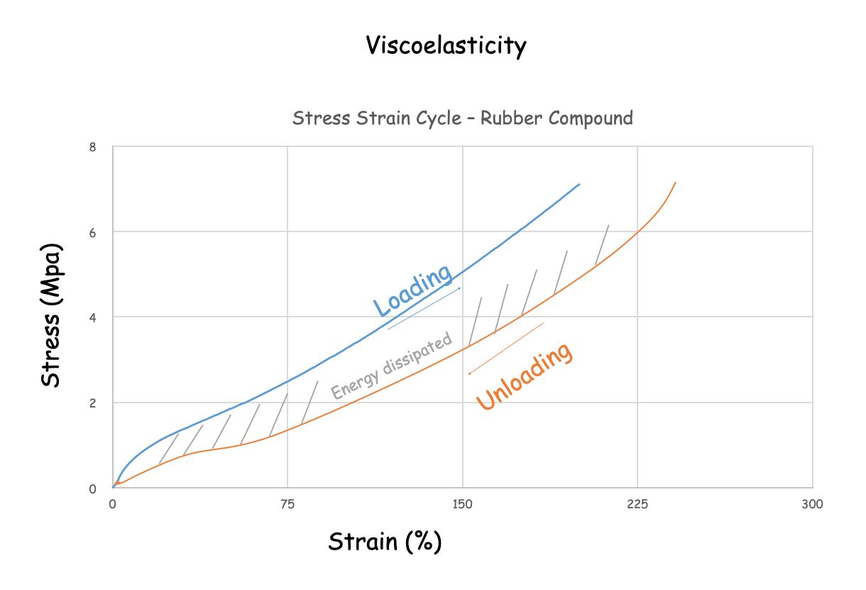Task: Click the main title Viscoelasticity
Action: [446, 46]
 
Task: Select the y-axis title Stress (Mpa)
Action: [51, 316]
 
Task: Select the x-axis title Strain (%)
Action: [385, 542]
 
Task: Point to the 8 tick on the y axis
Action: [92, 147]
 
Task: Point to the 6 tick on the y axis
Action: [92, 232]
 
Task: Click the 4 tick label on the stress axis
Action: [92, 317]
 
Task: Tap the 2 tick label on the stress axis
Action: [92, 403]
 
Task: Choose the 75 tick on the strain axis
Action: [287, 504]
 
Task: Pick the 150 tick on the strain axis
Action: [462, 504]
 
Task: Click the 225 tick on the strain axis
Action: [637, 504]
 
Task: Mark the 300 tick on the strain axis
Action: [812, 504]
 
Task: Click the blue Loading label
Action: [413, 290]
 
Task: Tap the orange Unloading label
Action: [524, 376]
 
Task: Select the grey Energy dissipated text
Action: [391, 366]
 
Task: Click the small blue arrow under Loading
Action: [424, 309]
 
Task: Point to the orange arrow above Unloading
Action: [505, 349]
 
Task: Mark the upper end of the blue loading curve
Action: [579, 184]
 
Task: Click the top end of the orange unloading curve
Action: [675, 182]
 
